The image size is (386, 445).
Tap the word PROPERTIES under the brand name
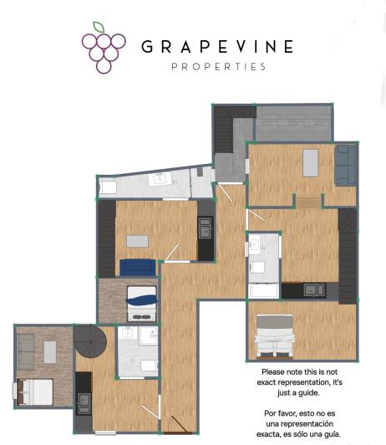coord(217,66)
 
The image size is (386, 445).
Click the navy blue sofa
coord(137,267)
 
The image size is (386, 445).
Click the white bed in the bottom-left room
coord(34,391)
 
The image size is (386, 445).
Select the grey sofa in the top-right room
coord(343,165)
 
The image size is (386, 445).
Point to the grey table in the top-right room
coord(311,162)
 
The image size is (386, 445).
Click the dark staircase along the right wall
coord(348,255)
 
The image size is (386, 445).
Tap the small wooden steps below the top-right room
coord(308,201)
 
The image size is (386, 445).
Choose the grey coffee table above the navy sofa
coord(137,241)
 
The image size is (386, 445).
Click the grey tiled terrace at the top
coord(292,125)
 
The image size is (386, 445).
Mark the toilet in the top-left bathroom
coord(108,188)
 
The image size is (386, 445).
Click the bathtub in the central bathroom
coord(262,289)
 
